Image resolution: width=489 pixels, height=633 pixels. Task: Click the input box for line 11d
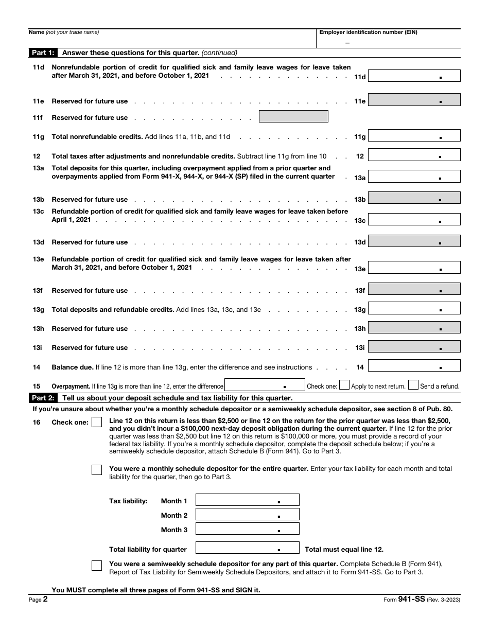[x=414, y=76]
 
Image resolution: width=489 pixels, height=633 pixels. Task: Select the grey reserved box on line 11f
[x=293, y=117]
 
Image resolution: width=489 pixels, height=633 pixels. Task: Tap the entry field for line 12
[x=414, y=155]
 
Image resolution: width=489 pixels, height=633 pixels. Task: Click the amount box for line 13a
[x=414, y=177]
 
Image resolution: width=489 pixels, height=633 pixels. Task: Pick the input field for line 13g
[x=414, y=309]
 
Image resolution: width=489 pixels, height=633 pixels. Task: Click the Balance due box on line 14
[x=414, y=366]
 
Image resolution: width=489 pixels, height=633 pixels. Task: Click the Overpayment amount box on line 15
[x=265, y=385]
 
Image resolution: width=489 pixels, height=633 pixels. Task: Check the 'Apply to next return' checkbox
[x=344, y=385]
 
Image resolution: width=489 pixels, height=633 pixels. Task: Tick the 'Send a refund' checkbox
[x=413, y=385]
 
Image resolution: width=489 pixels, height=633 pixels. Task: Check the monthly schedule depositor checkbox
[x=97, y=470]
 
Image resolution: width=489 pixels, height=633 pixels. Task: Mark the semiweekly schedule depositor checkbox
[x=97, y=566]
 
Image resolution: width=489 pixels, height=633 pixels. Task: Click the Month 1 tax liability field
[x=247, y=500]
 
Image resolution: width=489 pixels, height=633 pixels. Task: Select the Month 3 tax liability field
[x=247, y=529]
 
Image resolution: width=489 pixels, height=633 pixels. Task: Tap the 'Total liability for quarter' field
[x=247, y=548]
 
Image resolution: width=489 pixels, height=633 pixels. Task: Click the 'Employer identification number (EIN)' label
[x=369, y=32]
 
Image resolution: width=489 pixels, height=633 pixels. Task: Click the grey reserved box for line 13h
[x=414, y=328]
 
